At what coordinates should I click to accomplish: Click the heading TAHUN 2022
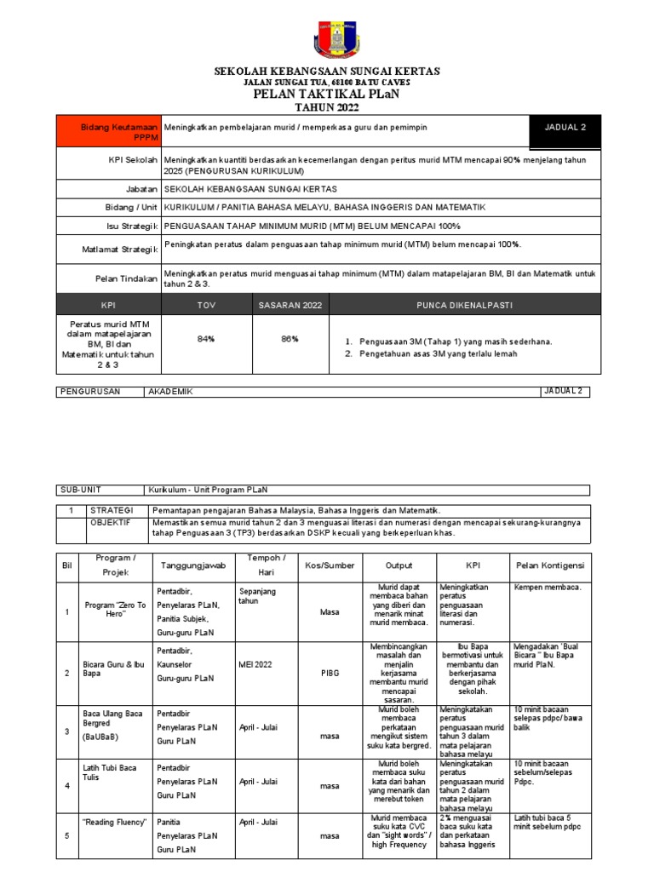[326, 107]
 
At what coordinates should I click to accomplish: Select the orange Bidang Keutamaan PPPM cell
[107, 131]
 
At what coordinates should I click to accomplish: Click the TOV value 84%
[205, 339]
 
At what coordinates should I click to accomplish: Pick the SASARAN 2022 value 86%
[290, 339]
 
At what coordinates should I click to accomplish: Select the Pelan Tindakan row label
[128, 278]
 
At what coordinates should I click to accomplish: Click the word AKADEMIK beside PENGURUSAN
[171, 392]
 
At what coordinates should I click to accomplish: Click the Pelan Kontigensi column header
[549, 565]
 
